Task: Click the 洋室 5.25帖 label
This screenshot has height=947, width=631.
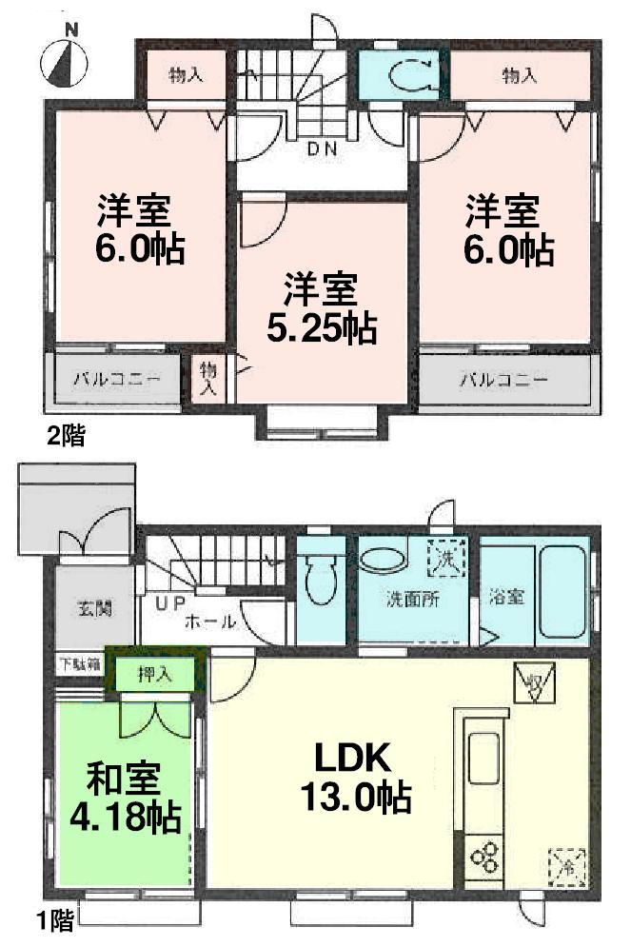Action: [x=320, y=307]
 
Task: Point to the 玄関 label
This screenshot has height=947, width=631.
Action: [x=91, y=607]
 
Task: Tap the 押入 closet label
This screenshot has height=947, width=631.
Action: [x=155, y=675]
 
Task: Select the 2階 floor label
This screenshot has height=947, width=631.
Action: [x=67, y=437]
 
